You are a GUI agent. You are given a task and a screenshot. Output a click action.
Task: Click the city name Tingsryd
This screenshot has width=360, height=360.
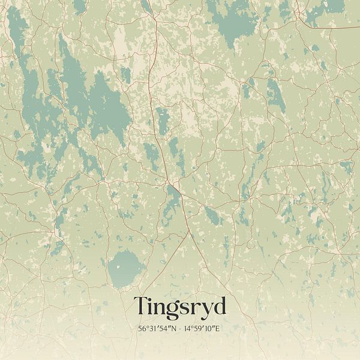click(180, 307)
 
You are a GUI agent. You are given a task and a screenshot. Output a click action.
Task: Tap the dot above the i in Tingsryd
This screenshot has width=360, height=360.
click(152, 298)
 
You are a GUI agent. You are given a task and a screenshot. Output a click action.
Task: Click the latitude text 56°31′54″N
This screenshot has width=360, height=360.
click(155, 329)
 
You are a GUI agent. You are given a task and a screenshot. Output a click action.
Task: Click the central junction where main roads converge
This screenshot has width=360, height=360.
click(170, 180)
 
